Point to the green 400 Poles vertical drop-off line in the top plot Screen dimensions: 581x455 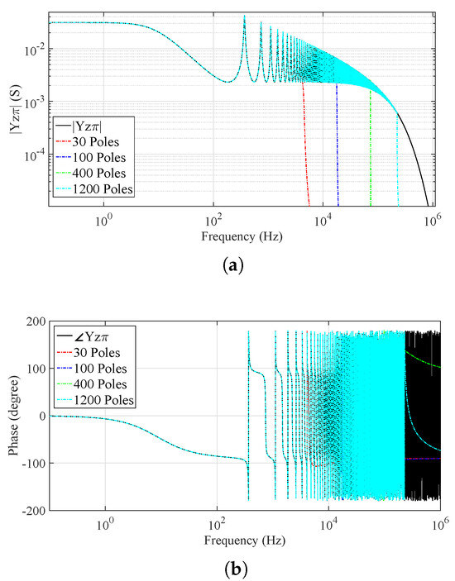pos(371,149)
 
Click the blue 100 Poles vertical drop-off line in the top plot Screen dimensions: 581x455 pos(337,149)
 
